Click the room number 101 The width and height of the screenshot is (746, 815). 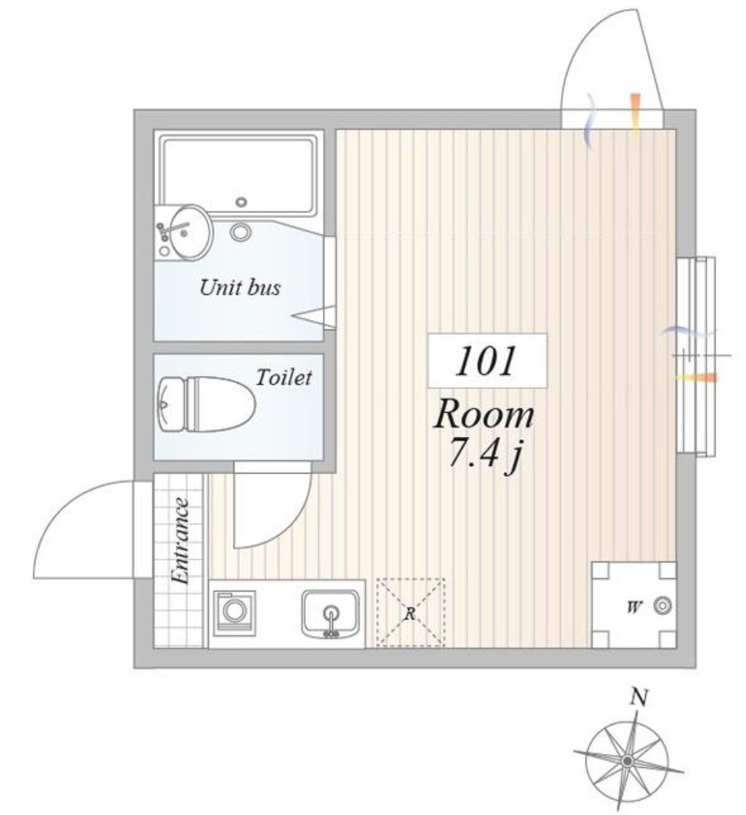tap(487, 361)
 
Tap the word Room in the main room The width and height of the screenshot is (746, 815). tap(483, 415)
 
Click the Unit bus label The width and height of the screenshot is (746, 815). tap(240, 287)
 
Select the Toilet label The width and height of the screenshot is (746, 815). tap(284, 377)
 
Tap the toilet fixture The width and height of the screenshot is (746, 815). tap(206, 405)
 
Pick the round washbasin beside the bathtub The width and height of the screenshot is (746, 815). tap(190, 232)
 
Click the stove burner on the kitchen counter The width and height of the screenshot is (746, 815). tap(234, 611)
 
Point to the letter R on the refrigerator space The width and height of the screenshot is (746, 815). tap(410, 614)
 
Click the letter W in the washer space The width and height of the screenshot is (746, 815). tap(633, 606)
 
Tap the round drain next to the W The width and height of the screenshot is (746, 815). tap(663, 606)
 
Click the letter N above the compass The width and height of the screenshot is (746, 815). tap(638, 697)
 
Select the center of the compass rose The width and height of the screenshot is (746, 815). tap(628, 761)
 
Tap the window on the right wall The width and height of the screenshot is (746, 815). tap(696, 357)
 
